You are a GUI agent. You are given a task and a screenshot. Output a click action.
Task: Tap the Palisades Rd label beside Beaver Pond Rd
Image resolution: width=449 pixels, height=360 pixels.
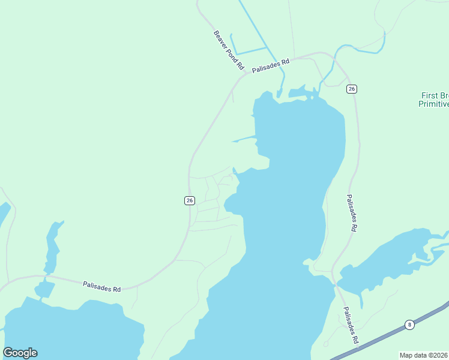[271, 65]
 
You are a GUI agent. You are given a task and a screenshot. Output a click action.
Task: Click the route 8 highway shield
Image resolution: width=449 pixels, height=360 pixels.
[409, 324]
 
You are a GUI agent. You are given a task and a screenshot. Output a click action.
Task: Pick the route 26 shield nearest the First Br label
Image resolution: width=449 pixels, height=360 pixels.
[352, 89]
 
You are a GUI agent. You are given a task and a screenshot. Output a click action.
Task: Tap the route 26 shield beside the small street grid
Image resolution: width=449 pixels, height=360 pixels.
[189, 200]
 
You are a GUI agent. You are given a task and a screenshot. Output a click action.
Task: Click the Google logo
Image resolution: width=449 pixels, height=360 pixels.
[20, 353]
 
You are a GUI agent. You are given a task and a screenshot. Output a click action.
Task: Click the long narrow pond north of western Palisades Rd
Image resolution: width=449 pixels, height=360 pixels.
[52, 246]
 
